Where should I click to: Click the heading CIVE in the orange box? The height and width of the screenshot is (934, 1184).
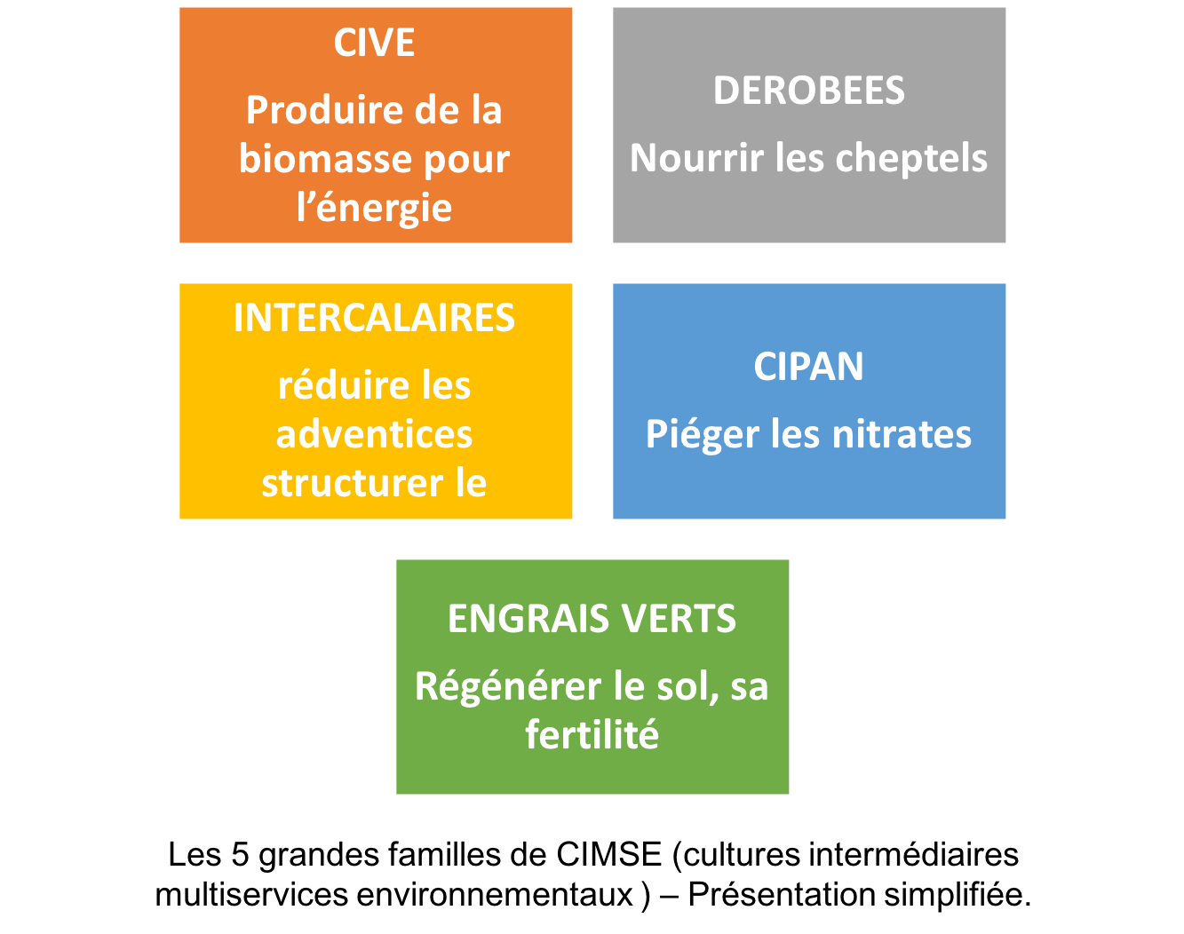coord(374,43)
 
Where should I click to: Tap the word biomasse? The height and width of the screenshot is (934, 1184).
coord(324,159)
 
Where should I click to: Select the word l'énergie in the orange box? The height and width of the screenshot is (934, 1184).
coord(374,209)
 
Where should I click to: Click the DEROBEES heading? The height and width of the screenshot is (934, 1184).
coord(809,91)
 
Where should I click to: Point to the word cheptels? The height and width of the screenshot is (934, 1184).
coord(911,158)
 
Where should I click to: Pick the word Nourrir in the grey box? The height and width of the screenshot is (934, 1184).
coord(697,158)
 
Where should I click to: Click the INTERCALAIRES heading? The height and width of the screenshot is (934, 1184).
coord(374,318)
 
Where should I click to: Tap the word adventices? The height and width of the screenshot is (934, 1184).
coord(374,434)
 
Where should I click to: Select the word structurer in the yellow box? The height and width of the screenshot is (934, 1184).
coord(353,484)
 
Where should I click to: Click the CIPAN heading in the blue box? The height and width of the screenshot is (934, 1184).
coord(809,367)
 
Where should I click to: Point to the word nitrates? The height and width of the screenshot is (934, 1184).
coord(902,434)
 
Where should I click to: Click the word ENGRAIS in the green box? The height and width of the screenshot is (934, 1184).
coord(521,619)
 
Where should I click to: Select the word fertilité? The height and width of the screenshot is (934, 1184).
coord(592,734)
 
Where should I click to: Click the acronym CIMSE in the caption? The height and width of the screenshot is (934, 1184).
coord(608,854)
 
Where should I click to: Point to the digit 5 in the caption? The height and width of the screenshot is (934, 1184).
coord(240,854)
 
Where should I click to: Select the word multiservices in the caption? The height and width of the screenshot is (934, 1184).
coord(251,894)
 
